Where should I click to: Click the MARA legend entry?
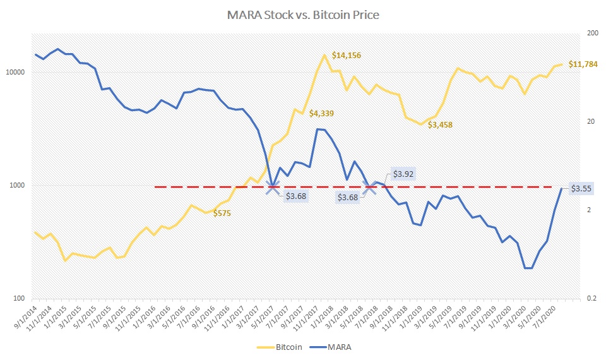(x=332, y=347)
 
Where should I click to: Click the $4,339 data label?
(x=321, y=114)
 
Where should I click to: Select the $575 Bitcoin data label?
(x=222, y=213)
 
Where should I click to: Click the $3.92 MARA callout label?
(x=403, y=174)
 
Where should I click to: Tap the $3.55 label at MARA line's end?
(x=581, y=188)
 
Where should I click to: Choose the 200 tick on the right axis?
(x=592, y=33)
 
